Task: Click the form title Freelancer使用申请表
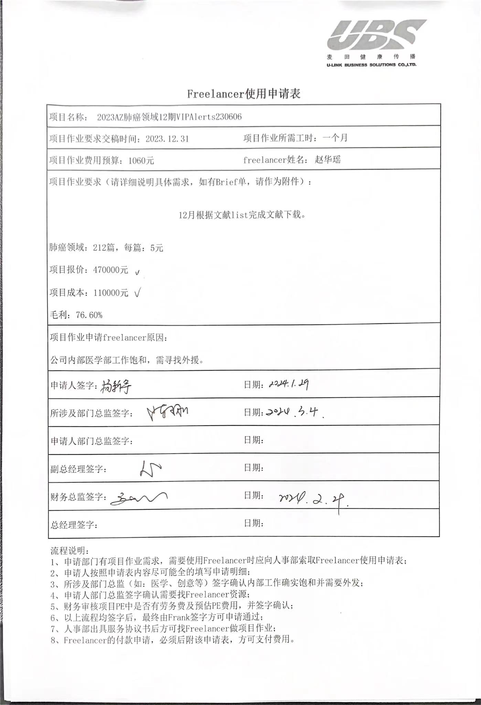pos(244,94)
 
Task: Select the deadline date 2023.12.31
pos(167,139)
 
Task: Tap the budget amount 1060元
pos(141,160)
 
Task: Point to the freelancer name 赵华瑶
pos(328,159)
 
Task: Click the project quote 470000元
pos(110,270)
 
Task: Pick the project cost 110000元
pos(110,293)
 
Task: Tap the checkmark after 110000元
pos(137,293)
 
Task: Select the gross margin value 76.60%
pos(89,315)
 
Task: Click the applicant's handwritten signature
pos(116,387)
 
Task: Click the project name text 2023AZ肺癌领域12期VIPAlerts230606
pos(169,117)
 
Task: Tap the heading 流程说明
pos(70,550)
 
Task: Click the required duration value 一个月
pos(335,138)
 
